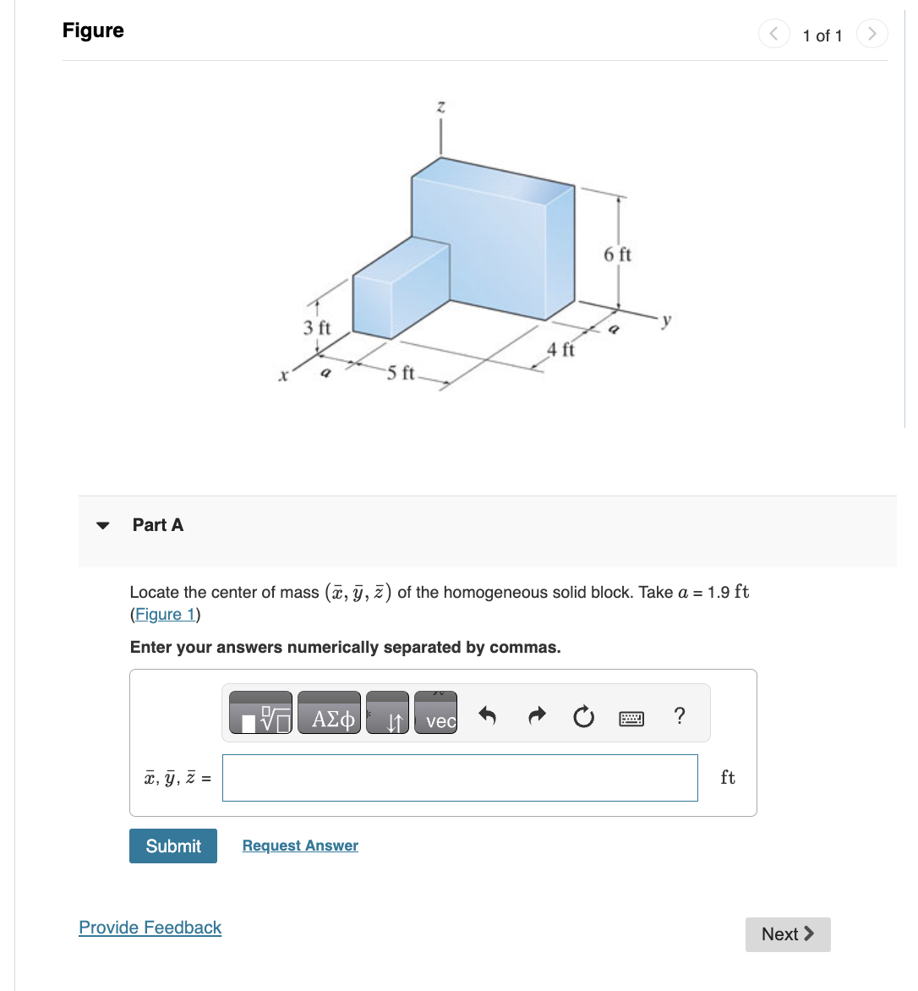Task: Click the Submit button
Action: click(173, 846)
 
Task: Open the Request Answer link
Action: click(300, 846)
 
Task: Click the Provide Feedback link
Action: click(150, 928)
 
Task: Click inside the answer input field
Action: click(460, 778)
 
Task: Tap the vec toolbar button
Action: click(436, 713)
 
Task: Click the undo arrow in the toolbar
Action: click(487, 717)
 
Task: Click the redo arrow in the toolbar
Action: click(536, 717)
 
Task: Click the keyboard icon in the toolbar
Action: click(631, 719)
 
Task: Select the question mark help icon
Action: click(680, 716)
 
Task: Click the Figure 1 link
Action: click(166, 615)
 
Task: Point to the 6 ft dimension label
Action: click(617, 255)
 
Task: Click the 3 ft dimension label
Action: click(317, 327)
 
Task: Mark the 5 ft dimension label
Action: click(401, 373)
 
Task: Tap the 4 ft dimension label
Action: click(560, 349)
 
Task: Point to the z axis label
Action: click(440, 107)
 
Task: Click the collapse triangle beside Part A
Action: click(103, 525)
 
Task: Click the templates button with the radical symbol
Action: click(260, 713)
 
